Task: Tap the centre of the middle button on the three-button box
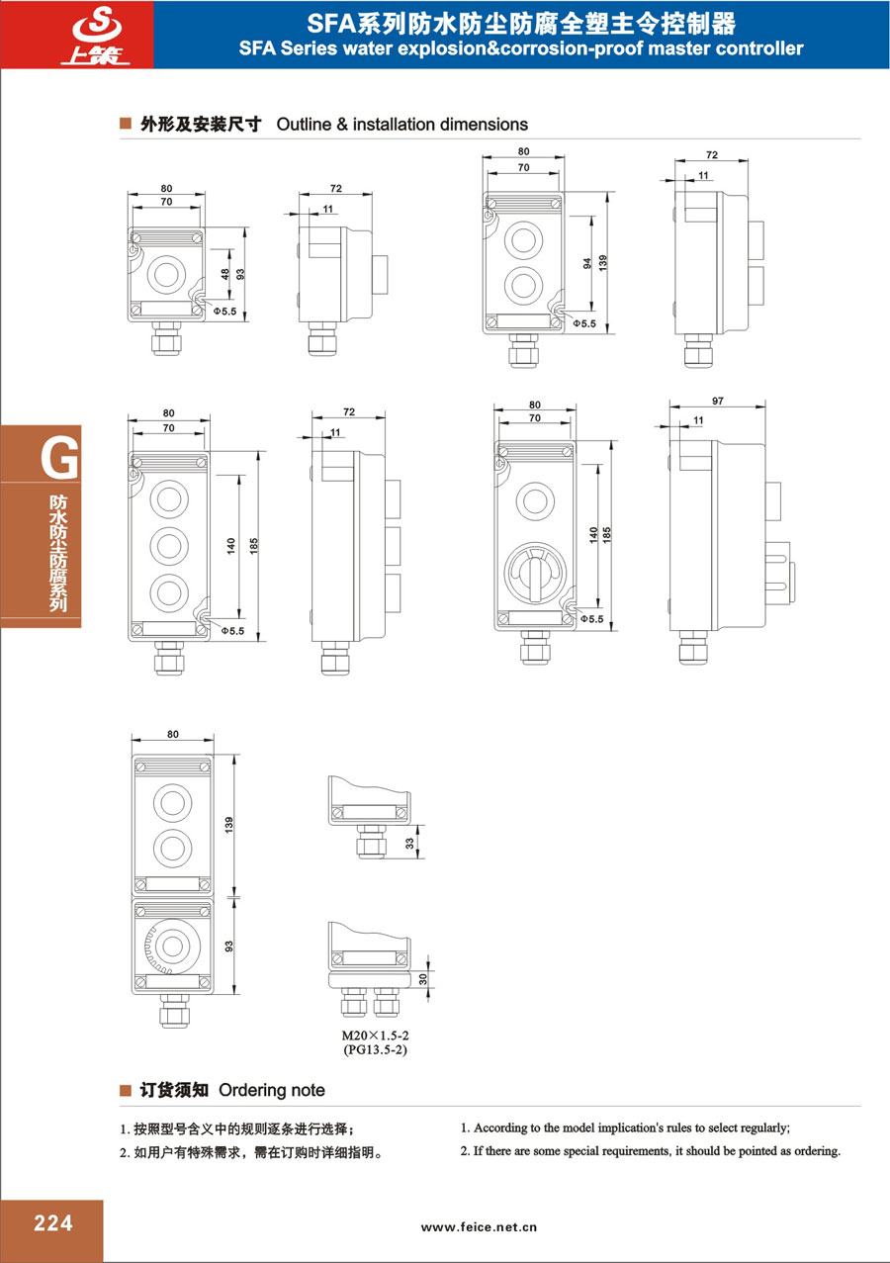(x=169, y=546)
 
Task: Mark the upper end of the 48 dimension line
(x=229, y=250)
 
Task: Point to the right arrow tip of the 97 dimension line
(x=765, y=406)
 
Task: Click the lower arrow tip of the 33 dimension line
(x=417, y=858)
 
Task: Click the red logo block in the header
(x=77, y=35)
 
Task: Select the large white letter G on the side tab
(x=59, y=458)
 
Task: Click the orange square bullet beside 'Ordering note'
(x=126, y=1089)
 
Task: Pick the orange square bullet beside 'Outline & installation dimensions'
(x=126, y=124)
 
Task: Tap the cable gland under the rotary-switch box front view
(x=535, y=647)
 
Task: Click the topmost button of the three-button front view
(x=169, y=499)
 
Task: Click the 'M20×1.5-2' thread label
(x=376, y=1036)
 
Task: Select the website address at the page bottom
(x=479, y=1227)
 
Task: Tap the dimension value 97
(x=718, y=401)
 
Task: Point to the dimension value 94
(x=587, y=263)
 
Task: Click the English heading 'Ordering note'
(x=272, y=1090)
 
